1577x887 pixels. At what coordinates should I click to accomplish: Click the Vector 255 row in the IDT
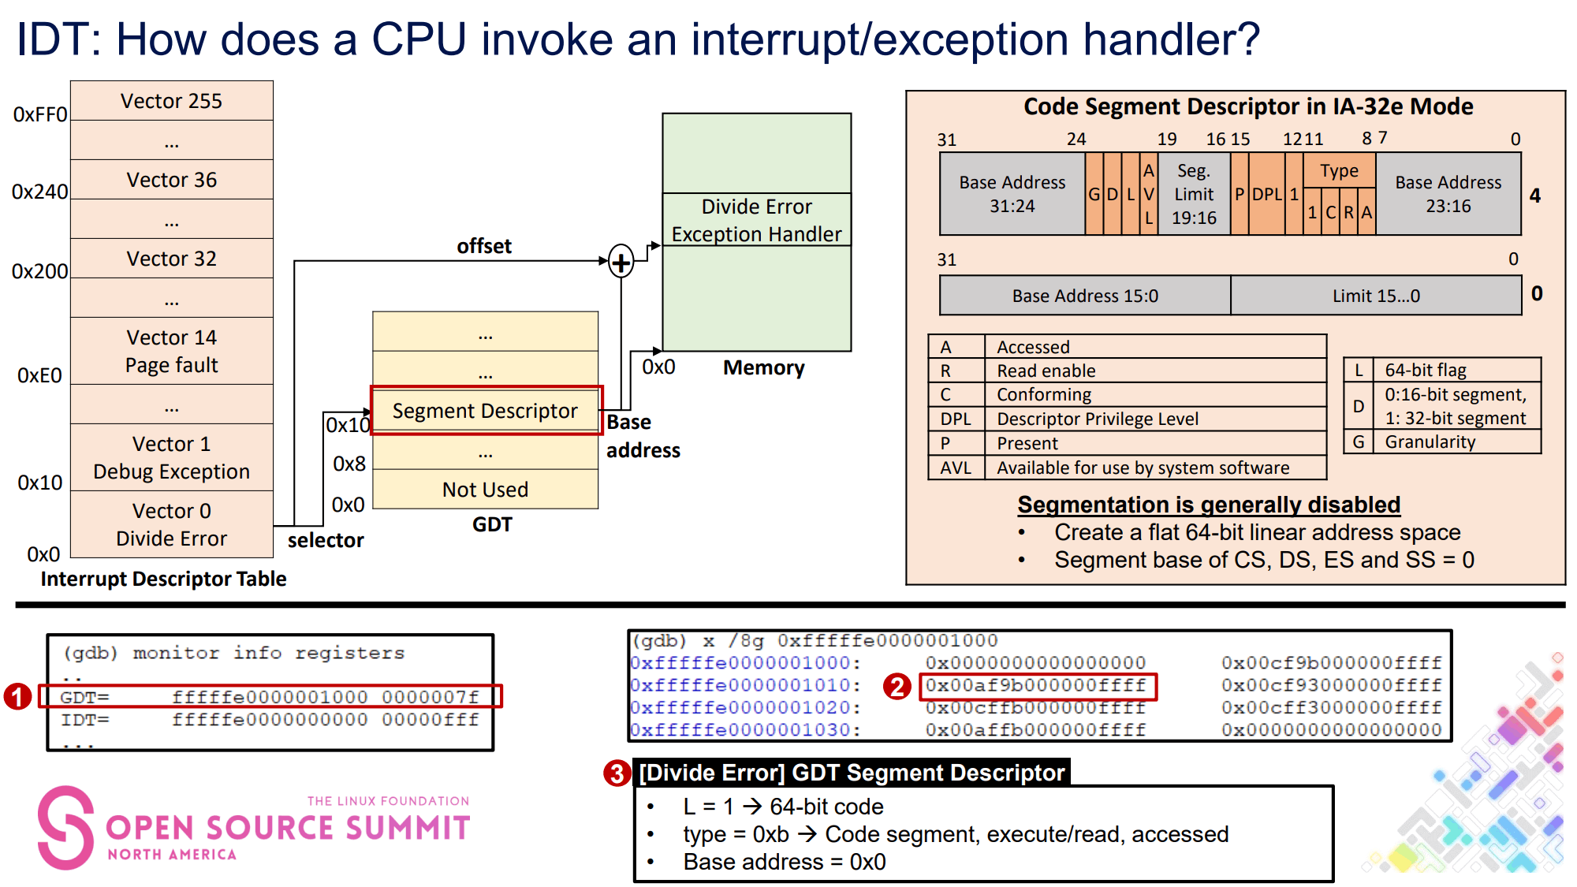click(x=171, y=101)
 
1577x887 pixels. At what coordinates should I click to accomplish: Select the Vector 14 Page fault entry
click(x=171, y=351)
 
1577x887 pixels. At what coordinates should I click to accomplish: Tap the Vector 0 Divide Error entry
click(x=171, y=524)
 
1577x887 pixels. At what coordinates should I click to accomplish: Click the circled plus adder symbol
click(x=621, y=262)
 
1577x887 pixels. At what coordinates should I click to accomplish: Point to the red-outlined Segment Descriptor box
click(x=486, y=410)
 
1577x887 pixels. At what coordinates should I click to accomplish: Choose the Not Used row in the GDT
click(x=485, y=490)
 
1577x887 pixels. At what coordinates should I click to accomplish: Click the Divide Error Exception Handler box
click(x=756, y=220)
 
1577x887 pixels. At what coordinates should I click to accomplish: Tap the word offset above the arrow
click(x=484, y=246)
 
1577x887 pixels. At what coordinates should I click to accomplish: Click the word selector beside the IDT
click(x=325, y=540)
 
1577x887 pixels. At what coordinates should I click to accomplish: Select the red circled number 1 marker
click(x=17, y=696)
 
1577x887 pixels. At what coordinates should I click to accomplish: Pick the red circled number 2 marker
click(x=897, y=686)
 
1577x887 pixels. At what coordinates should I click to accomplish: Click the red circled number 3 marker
click(x=617, y=773)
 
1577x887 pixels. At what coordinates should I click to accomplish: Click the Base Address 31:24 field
click(x=1012, y=194)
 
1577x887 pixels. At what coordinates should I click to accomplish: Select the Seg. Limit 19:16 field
click(x=1194, y=194)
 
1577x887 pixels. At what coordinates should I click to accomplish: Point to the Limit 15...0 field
click(x=1376, y=296)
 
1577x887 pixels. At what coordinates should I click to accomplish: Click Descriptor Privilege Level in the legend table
click(x=1097, y=419)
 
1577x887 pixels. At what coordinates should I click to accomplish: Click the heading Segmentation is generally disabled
click(x=1208, y=505)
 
